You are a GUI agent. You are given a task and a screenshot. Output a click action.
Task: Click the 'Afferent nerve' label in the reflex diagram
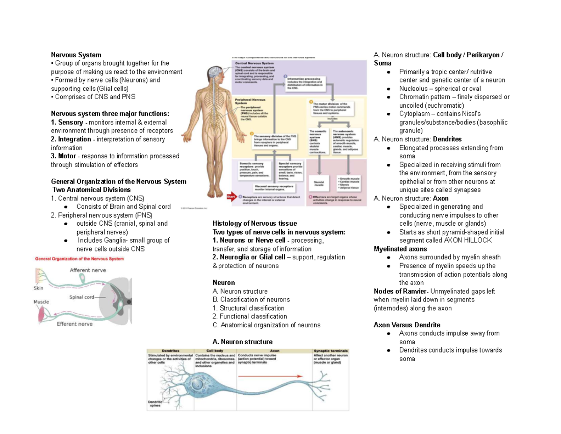tap(87, 270)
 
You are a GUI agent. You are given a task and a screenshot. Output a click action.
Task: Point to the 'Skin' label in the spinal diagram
tap(38, 288)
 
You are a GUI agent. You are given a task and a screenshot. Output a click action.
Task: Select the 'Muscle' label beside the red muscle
tap(41, 302)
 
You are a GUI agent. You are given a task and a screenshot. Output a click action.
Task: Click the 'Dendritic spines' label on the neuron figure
tap(155, 404)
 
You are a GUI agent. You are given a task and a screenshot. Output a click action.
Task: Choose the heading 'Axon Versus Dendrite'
tap(407, 325)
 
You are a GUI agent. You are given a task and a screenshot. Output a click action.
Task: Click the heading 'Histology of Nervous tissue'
tap(254, 223)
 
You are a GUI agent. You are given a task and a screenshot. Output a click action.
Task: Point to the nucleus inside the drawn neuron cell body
tap(199, 386)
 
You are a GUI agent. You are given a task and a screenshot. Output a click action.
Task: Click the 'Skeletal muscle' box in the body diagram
tap(319, 182)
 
